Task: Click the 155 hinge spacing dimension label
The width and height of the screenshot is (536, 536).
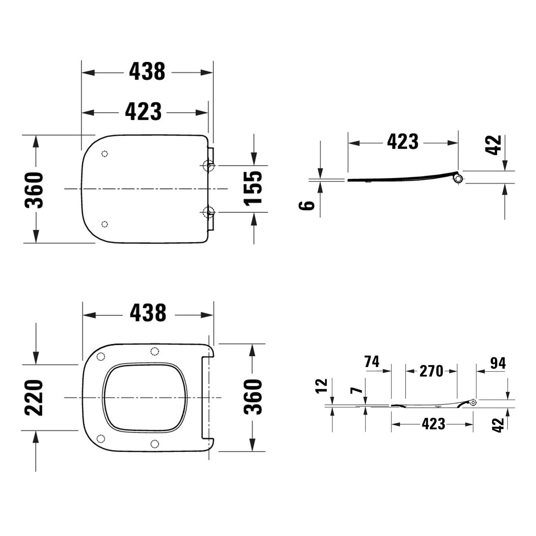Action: [x=253, y=188]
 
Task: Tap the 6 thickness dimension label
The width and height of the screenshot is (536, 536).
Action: [x=307, y=205]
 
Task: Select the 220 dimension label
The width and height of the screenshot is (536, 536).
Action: [x=34, y=398]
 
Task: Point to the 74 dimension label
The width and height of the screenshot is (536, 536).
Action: [x=372, y=362]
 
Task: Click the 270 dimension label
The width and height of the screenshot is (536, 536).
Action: [x=431, y=371]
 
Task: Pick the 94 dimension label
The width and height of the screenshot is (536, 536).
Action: [x=498, y=363]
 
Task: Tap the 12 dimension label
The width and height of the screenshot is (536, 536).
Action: [x=322, y=386]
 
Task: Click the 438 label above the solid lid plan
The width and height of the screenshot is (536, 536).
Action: [x=147, y=71]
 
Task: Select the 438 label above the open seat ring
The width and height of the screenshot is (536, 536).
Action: [x=148, y=313]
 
